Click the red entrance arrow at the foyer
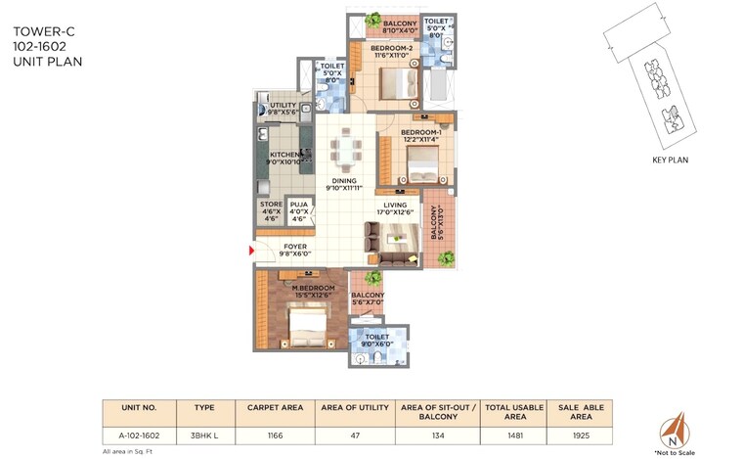(252, 252)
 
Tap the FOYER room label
(295, 247)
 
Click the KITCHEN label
(284, 155)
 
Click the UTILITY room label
(283, 106)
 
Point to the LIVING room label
(395, 205)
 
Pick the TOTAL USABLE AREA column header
(505, 411)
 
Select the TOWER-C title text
(43, 31)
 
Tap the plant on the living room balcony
(446, 258)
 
